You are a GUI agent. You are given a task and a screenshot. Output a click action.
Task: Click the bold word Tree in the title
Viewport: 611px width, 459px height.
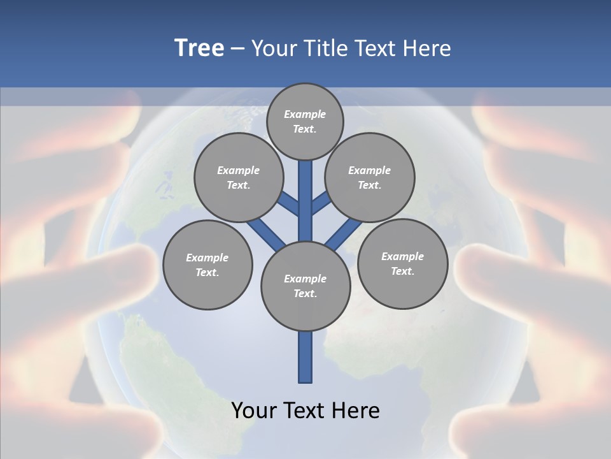[199, 48]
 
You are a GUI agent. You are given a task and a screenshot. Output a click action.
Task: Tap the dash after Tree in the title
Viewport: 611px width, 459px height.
[238, 49]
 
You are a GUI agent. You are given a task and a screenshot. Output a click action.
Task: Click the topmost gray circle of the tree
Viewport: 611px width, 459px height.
[305, 121]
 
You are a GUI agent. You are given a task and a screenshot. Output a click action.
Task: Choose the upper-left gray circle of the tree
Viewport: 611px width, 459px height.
[239, 177]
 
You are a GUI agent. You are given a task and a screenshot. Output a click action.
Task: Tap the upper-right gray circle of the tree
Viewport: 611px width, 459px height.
[370, 177]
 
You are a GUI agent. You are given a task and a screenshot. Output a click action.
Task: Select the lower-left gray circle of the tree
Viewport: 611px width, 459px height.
[207, 265]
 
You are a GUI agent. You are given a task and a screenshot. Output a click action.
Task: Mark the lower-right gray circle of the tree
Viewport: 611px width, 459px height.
[402, 263]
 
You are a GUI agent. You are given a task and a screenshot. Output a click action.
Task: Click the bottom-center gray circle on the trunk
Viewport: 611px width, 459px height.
[305, 286]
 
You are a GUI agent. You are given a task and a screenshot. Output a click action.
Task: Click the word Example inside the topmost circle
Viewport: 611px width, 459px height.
[305, 114]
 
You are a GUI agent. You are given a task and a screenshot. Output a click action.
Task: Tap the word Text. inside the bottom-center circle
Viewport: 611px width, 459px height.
[305, 293]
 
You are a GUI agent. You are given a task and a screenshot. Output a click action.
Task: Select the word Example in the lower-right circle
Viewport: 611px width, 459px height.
[402, 256]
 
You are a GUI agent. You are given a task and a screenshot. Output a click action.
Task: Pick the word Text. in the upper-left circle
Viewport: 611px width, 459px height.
[239, 185]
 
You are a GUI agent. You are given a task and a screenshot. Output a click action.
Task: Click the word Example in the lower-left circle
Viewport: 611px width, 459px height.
[207, 258]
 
